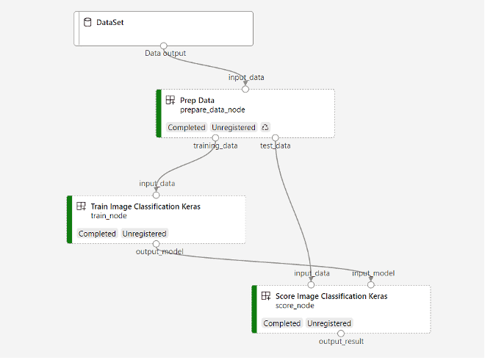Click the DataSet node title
coord(111,23)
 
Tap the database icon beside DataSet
coord(87,23)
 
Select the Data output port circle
coord(164,46)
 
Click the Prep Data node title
coord(197,100)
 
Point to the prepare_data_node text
coord(212,109)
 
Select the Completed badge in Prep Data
coord(187,127)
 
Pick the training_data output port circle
coord(215,137)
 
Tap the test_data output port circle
coord(275,137)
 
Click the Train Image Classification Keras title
coord(145,206)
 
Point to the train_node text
coord(109,216)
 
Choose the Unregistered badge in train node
coord(145,234)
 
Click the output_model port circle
coord(156,243)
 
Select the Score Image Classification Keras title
coord(326,296)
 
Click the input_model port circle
coord(371,284)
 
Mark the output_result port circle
coord(341,333)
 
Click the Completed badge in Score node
coord(282,323)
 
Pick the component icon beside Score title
coord(266,296)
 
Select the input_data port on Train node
coord(156,195)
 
